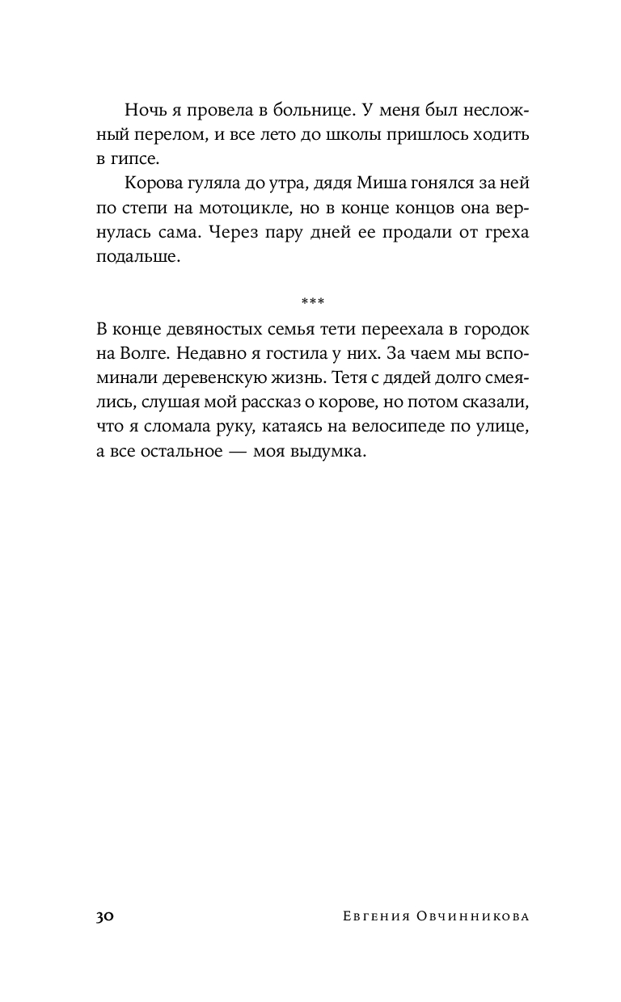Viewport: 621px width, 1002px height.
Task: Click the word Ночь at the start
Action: (x=144, y=110)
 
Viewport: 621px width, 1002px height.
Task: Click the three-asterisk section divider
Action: (x=311, y=302)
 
